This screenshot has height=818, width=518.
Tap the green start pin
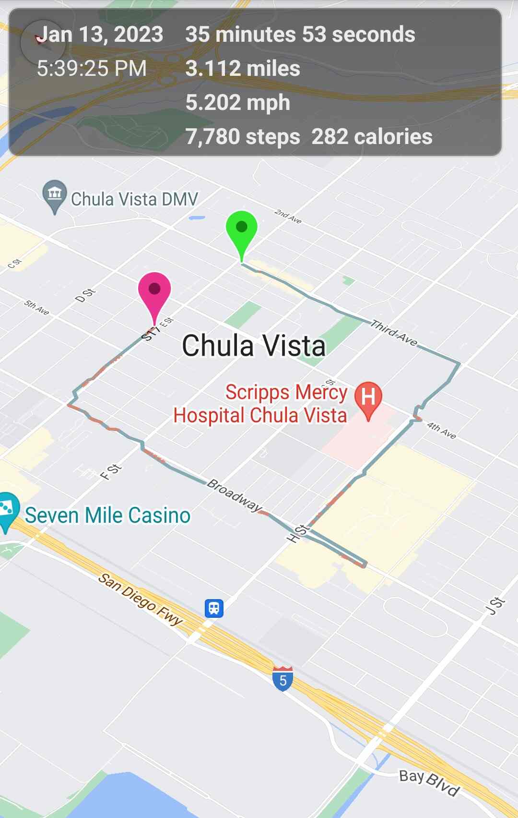242,229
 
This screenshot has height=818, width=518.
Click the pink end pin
154,290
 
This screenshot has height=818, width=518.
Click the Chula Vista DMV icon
55,195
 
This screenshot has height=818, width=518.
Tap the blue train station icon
214,608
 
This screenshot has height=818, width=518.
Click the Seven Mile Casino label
107,516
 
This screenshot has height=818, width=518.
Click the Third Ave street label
394,332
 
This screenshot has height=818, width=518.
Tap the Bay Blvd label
430,782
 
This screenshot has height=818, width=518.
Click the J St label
495,606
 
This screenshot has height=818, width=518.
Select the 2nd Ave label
288,216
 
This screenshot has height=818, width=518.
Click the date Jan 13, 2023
100,35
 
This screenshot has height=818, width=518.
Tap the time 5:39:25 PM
92,69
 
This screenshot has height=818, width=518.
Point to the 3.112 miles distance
243,69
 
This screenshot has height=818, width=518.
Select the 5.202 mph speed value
238,103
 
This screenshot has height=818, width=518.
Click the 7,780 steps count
243,137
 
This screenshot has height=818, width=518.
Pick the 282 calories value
372,137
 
